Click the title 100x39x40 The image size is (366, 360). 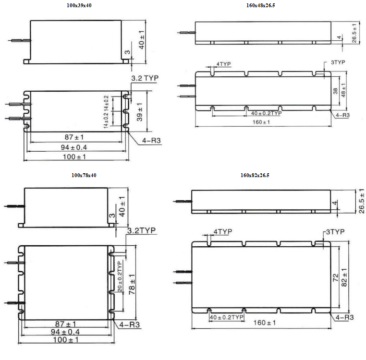(x=79, y=5)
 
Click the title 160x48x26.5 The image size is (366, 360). (x=260, y=5)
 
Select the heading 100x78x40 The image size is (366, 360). (x=84, y=175)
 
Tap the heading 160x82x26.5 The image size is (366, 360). (x=255, y=175)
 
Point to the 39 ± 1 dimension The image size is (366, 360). (x=139, y=112)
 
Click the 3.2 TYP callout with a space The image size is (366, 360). (x=145, y=78)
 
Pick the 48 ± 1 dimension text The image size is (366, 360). (x=343, y=90)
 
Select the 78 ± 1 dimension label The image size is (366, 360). (x=132, y=284)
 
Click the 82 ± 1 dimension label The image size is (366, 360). (x=344, y=277)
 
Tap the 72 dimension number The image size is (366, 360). (x=335, y=277)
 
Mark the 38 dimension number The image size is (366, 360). (x=335, y=91)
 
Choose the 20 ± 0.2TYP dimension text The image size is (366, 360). (x=120, y=276)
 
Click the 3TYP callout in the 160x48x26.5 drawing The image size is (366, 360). (x=338, y=62)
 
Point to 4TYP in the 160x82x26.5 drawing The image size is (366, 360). (x=223, y=232)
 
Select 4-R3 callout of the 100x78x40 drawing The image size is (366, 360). (x=129, y=324)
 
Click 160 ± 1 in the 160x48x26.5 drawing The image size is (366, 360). (x=261, y=122)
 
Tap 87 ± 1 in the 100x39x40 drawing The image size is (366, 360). (x=74, y=137)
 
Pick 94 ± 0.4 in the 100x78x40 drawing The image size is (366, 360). (x=65, y=332)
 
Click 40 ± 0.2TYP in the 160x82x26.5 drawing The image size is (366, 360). (x=226, y=317)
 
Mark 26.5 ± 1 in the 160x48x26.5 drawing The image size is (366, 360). (x=354, y=33)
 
